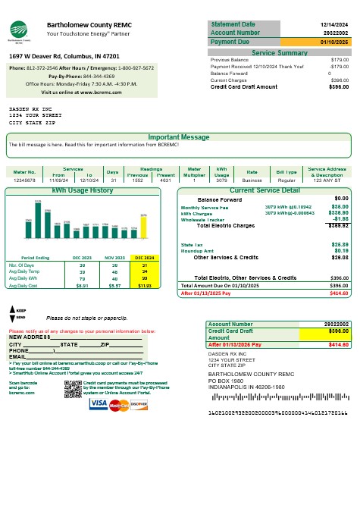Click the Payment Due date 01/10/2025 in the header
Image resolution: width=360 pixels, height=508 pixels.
pos(333,42)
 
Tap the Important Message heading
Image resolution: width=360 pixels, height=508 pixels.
pos(179,137)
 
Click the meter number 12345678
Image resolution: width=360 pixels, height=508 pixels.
pos(25,180)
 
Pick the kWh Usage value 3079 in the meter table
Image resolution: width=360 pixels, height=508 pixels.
pos(221,180)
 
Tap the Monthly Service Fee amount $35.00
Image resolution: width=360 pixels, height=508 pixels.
pos(340,206)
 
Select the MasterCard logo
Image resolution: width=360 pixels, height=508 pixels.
pos(118,406)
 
